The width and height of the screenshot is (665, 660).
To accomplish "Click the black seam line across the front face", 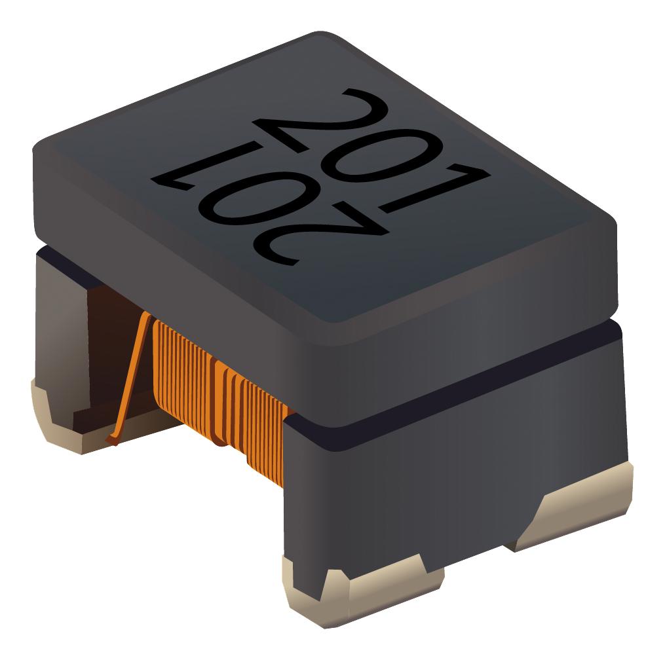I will (x=459, y=393).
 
